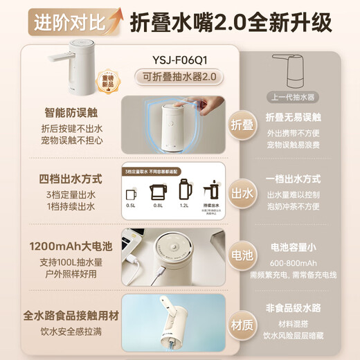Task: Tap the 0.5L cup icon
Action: pos(131,190)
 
